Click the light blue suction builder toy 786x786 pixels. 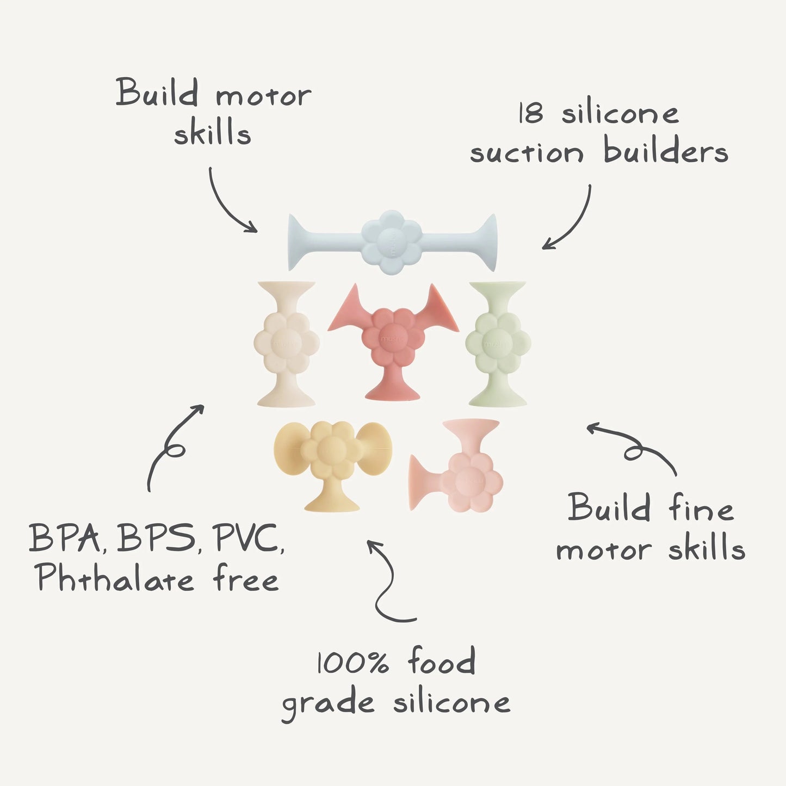tap(392, 242)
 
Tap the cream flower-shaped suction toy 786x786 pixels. tap(287, 344)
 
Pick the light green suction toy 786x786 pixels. tap(498, 344)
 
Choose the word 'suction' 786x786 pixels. tap(527, 153)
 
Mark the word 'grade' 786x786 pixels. tap(328, 704)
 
